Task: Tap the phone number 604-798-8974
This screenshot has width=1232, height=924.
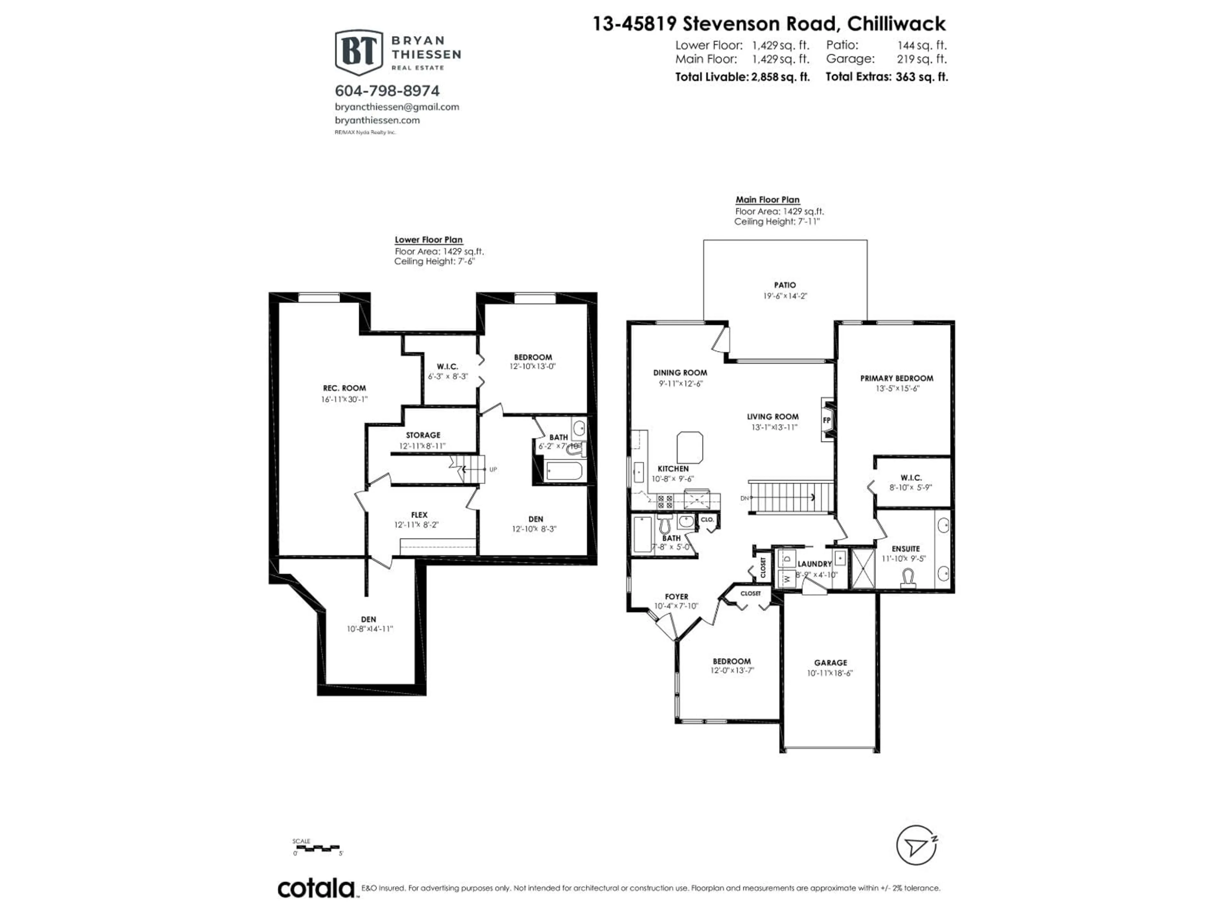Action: [387, 91]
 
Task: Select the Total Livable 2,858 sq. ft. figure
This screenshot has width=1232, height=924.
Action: [742, 77]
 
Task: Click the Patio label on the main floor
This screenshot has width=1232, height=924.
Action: [785, 285]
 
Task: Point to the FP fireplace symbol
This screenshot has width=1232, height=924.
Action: [827, 420]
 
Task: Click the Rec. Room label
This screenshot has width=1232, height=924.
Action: [344, 388]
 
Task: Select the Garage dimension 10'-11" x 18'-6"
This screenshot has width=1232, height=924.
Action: [830, 673]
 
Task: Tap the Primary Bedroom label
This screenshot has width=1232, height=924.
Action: [897, 378]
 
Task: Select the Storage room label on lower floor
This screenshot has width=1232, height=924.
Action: [423, 435]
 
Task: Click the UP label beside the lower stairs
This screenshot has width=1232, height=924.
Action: [493, 469]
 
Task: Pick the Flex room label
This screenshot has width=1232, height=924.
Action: [419, 515]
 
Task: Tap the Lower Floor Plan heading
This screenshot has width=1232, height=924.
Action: [428, 239]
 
